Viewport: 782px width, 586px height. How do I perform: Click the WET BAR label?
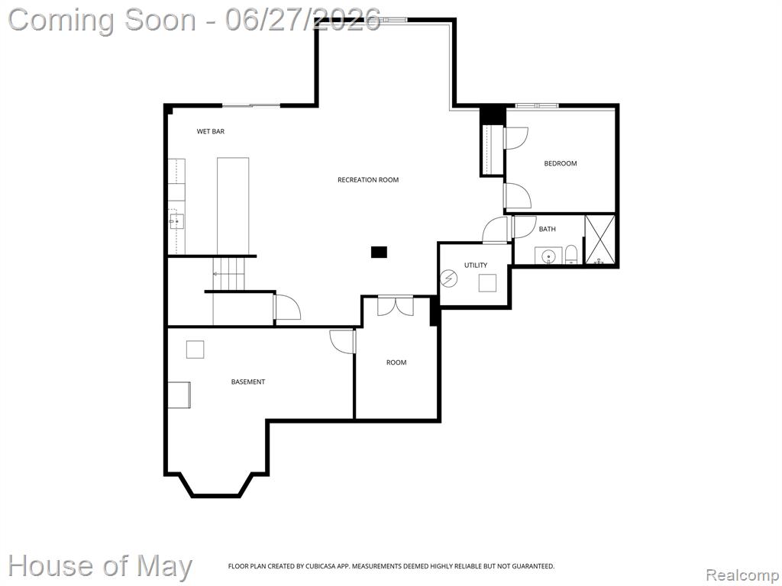(211, 131)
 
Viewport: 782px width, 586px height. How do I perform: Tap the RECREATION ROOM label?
(368, 180)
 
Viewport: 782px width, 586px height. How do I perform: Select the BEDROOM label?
(560, 163)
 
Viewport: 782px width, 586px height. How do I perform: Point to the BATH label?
(547, 229)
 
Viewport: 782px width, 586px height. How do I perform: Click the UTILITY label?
(476, 265)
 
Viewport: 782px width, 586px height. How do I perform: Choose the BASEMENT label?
(248, 382)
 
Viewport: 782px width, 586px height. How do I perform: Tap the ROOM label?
(396, 362)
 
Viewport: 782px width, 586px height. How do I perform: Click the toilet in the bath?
(571, 255)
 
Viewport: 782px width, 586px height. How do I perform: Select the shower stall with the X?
(600, 239)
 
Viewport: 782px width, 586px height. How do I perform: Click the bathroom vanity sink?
(548, 256)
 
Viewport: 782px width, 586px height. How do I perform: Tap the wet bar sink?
(176, 221)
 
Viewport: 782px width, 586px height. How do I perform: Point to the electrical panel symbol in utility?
(448, 278)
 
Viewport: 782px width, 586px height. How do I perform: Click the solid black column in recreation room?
(379, 252)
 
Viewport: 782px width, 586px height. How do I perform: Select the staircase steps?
(229, 274)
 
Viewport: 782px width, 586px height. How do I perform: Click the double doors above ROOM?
(396, 306)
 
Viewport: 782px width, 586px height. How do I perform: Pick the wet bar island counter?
(233, 206)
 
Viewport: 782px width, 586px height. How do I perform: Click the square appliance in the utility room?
(487, 283)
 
